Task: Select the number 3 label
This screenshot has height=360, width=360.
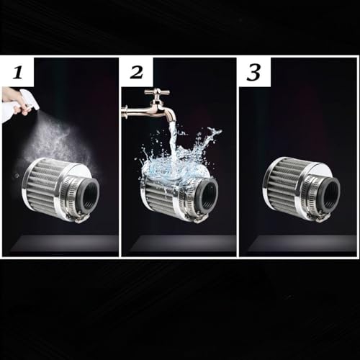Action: pyautogui.click(x=254, y=72)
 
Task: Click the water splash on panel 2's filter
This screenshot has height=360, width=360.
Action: pyautogui.click(x=180, y=162)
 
